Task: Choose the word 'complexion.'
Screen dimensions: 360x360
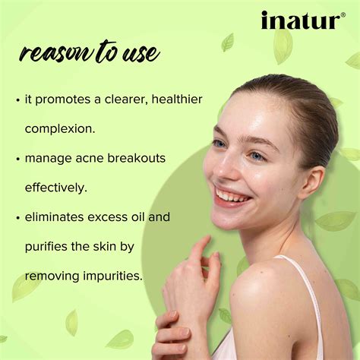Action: (x=60, y=128)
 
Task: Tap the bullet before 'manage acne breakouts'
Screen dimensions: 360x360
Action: (x=17, y=159)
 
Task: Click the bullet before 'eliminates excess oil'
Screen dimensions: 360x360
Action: (x=17, y=218)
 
